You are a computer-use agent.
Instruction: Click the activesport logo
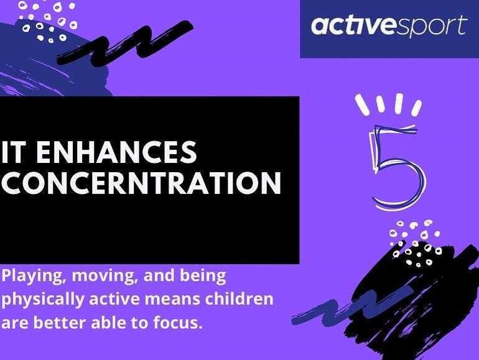tap(389, 25)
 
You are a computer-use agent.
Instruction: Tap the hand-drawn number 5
tap(396, 167)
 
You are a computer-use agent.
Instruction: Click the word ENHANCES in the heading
tap(117, 152)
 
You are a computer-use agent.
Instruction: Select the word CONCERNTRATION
tap(141, 183)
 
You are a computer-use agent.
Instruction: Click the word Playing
tap(34, 277)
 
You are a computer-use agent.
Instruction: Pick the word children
tap(239, 298)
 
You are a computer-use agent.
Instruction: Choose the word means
tap(171, 300)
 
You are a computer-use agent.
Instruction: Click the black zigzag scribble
tap(124, 43)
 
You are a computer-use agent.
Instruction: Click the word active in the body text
tap(114, 299)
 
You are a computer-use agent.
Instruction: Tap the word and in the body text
tap(159, 276)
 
